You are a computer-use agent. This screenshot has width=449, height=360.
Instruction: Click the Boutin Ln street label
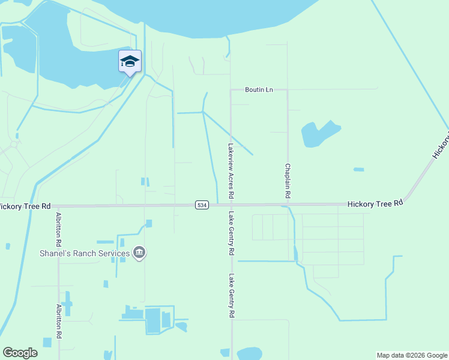(x=259, y=89)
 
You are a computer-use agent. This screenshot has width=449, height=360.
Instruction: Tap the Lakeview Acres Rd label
(x=231, y=171)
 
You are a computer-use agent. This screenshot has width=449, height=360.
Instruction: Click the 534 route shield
(x=202, y=205)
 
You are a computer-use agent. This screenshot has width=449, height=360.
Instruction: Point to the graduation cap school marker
(x=130, y=61)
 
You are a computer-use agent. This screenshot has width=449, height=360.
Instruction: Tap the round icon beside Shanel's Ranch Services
(x=139, y=253)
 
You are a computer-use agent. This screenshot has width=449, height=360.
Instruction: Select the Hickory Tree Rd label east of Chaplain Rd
(x=375, y=205)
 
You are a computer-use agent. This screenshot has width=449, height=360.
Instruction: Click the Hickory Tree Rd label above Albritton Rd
(x=25, y=206)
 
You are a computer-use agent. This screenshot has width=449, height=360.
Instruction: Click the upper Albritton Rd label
(x=58, y=230)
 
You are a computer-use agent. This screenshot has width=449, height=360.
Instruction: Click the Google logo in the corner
(x=20, y=353)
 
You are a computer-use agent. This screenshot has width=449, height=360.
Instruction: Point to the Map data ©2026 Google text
(x=411, y=355)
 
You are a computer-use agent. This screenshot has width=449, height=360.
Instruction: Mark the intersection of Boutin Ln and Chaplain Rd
(x=288, y=90)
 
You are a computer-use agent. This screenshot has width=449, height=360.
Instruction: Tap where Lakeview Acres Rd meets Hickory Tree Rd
(x=231, y=205)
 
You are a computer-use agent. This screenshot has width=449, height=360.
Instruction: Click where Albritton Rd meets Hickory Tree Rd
(x=58, y=206)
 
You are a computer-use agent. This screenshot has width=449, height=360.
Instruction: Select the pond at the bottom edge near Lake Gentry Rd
(x=249, y=353)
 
